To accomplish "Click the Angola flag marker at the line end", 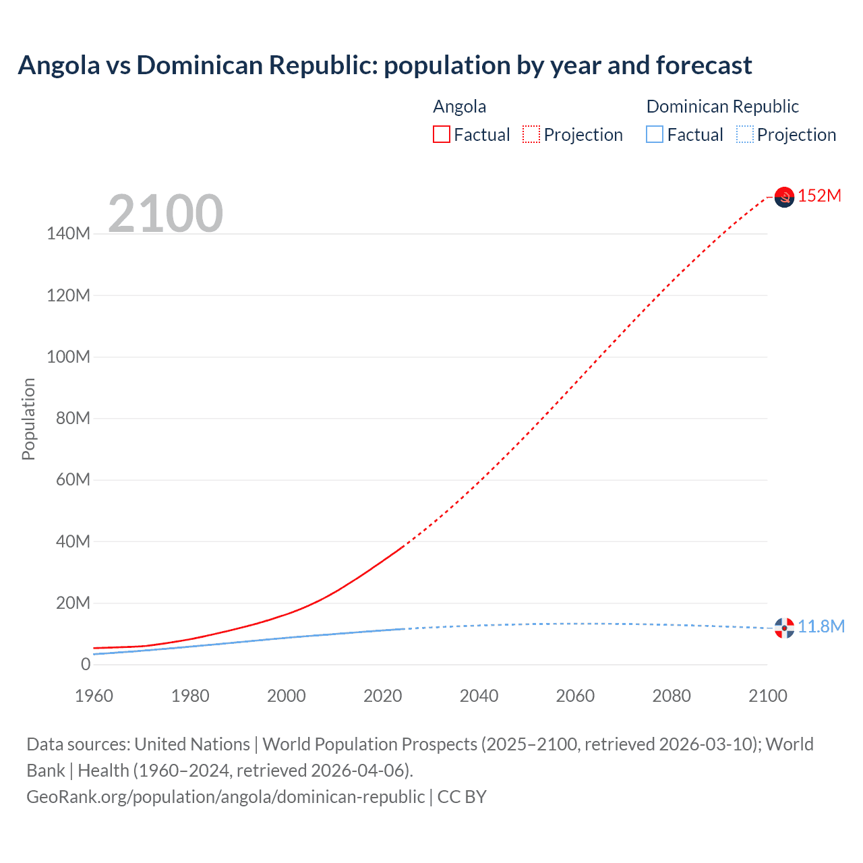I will click(x=784, y=197).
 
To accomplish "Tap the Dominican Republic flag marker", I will click(x=784, y=628).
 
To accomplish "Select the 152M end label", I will click(x=819, y=196).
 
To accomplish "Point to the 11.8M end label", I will click(x=821, y=626).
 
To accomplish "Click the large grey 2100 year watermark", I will click(x=165, y=213).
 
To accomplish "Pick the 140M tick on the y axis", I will click(x=68, y=234).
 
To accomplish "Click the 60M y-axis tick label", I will click(x=71, y=479).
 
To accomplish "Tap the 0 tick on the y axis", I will click(x=85, y=664).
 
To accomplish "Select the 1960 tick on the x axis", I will click(x=94, y=696).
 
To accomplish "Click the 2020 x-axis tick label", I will click(x=382, y=696).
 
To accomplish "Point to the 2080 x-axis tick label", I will click(x=671, y=696).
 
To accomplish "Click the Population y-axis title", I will click(x=28, y=419).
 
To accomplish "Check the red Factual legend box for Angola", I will click(x=442, y=134).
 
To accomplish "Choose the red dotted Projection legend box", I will click(x=531, y=134).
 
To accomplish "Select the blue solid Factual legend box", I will click(x=655, y=134).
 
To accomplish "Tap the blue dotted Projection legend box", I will click(x=745, y=134).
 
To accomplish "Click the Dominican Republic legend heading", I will click(x=722, y=107).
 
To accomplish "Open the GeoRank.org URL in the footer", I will click(x=225, y=796).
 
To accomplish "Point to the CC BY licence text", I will click(x=462, y=796).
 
